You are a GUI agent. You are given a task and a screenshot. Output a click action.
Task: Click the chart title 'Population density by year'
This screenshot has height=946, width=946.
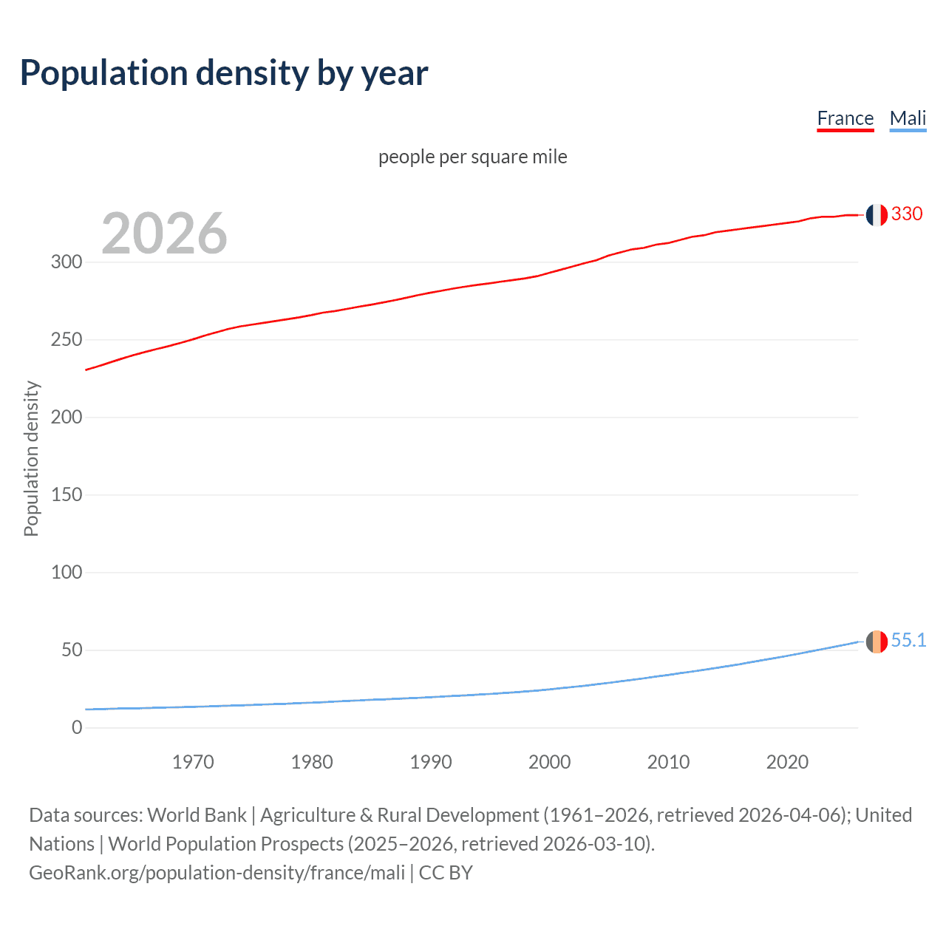click(224, 72)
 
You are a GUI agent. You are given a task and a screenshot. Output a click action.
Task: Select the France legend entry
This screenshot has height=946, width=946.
click(845, 118)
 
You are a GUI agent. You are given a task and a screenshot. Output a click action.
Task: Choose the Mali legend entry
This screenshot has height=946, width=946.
click(908, 118)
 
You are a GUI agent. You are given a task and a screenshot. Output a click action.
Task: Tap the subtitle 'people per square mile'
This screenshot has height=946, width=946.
click(472, 157)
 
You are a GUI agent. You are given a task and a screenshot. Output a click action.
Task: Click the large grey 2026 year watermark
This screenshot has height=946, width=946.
click(164, 234)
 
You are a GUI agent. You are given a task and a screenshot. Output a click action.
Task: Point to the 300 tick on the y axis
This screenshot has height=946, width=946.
click(67, 262)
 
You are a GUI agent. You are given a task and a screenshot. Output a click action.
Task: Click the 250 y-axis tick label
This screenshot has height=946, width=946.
click(67, 340)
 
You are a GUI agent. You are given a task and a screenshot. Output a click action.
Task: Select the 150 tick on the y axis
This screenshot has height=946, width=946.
click(67, 494)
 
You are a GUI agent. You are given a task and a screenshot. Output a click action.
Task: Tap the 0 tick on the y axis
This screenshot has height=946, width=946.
click(77, 727)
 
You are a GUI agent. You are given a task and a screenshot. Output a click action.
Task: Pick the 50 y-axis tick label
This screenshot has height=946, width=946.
click(72, 650)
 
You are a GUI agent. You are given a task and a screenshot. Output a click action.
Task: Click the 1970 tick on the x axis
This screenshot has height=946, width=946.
click(193, 762)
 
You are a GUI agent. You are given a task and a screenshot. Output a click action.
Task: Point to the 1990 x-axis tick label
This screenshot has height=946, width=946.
click(431, 762)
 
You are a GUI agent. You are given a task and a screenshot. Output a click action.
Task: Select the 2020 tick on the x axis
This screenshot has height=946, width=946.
click(787, 762)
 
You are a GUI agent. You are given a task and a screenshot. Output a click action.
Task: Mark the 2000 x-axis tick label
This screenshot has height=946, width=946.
click(549, 762)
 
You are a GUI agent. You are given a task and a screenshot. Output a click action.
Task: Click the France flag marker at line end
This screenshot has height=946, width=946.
click(877, 214)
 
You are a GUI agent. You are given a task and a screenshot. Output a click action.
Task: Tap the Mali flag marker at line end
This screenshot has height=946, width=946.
click(877, 642)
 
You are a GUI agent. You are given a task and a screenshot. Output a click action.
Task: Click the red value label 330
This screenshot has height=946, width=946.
click(907, 214)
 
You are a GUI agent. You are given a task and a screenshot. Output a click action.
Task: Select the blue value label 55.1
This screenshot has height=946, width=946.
click(908, 641)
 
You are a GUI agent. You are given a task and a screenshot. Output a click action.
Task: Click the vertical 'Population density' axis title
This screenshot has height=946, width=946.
click(31, 458)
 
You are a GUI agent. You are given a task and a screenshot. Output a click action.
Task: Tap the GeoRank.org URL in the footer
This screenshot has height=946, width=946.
click(217, 873)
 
